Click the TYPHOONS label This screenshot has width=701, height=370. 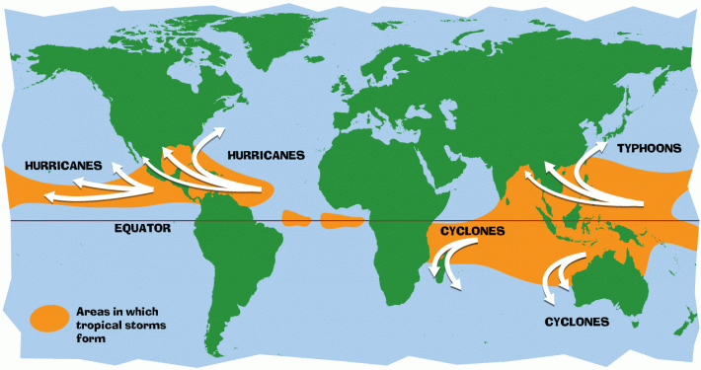(649, 148)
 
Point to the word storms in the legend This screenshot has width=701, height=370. (144, 324)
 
